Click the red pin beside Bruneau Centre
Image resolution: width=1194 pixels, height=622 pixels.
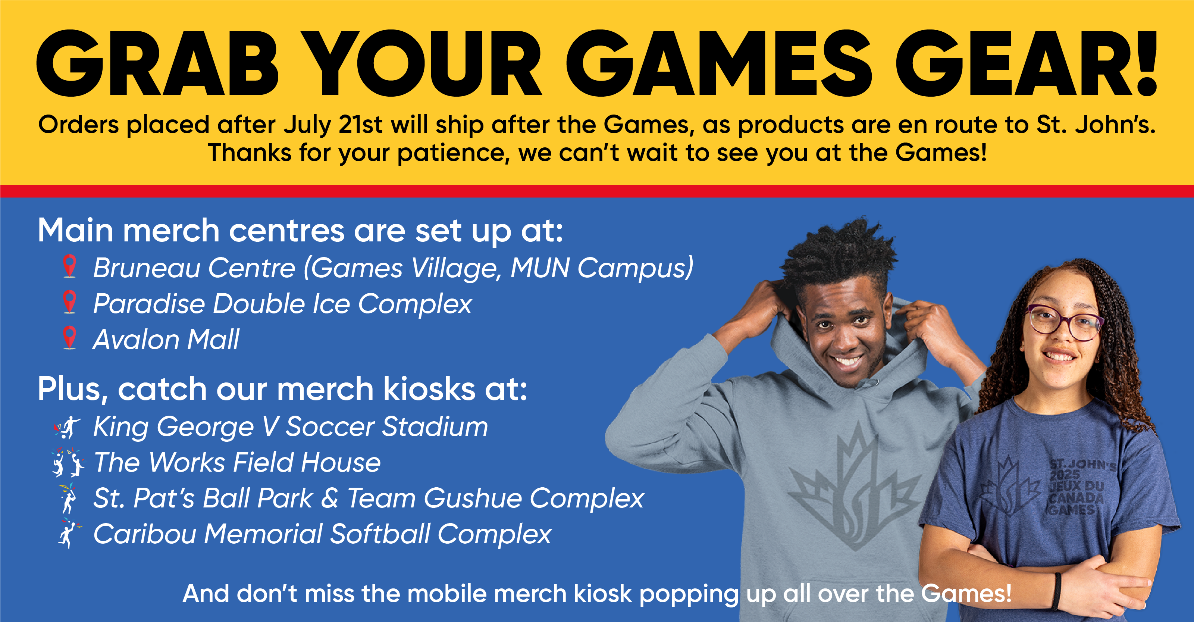coord(69,266)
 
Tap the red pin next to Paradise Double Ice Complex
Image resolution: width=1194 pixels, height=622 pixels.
coord(69,302)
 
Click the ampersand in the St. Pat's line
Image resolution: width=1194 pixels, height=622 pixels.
coord(330,498)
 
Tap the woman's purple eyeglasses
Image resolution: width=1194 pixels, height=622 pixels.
coord(1065,322)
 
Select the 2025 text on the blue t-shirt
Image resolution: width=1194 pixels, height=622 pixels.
coord(1065,475)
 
